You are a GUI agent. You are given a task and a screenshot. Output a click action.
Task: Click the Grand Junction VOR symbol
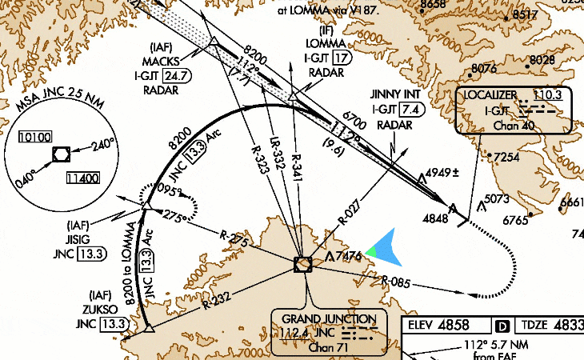tap(303, 264)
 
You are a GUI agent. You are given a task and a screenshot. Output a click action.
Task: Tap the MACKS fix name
tap(166, 61)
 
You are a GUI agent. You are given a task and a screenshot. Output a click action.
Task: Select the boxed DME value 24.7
tap(180, 75)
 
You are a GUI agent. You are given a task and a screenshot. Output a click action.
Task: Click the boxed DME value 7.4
tap(411, 110)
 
